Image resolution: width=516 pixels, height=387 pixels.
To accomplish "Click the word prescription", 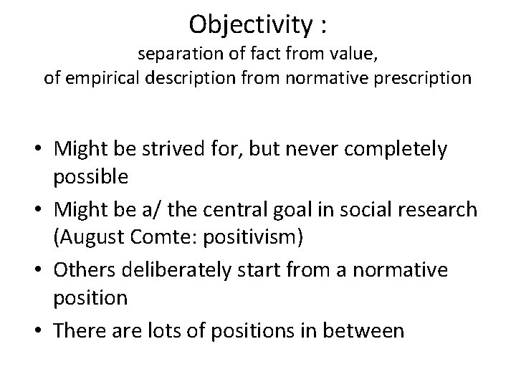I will click(x=424, y=78).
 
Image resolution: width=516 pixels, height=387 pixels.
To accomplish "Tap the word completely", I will click(x=391, y=150).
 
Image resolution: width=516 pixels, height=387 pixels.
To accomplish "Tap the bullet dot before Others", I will click(x=43, y=271).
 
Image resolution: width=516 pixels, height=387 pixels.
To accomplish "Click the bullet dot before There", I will click(x=43, y=332).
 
